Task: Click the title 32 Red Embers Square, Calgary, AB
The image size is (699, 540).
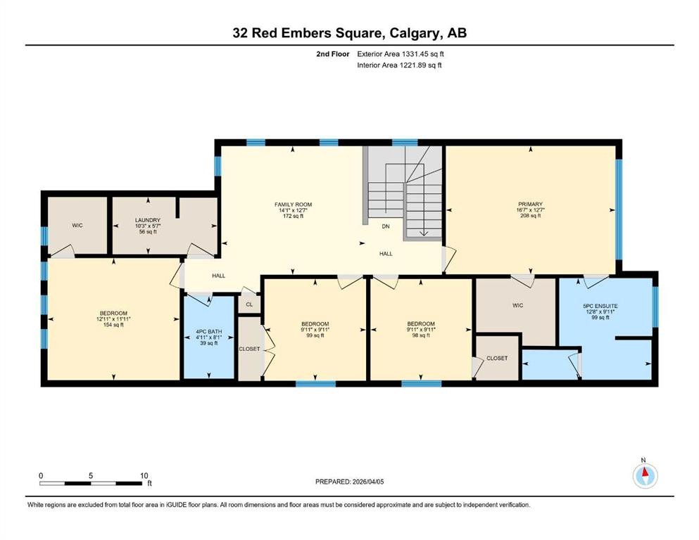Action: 349,33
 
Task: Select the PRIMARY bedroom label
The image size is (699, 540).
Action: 531,205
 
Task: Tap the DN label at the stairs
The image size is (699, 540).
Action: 386,226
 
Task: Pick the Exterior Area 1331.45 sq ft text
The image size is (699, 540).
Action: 401,53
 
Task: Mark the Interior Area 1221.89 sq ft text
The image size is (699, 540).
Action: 400,65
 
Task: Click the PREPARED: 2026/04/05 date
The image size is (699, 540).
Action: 350,482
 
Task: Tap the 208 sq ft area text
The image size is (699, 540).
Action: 531,216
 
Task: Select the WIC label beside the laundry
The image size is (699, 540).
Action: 77,226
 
